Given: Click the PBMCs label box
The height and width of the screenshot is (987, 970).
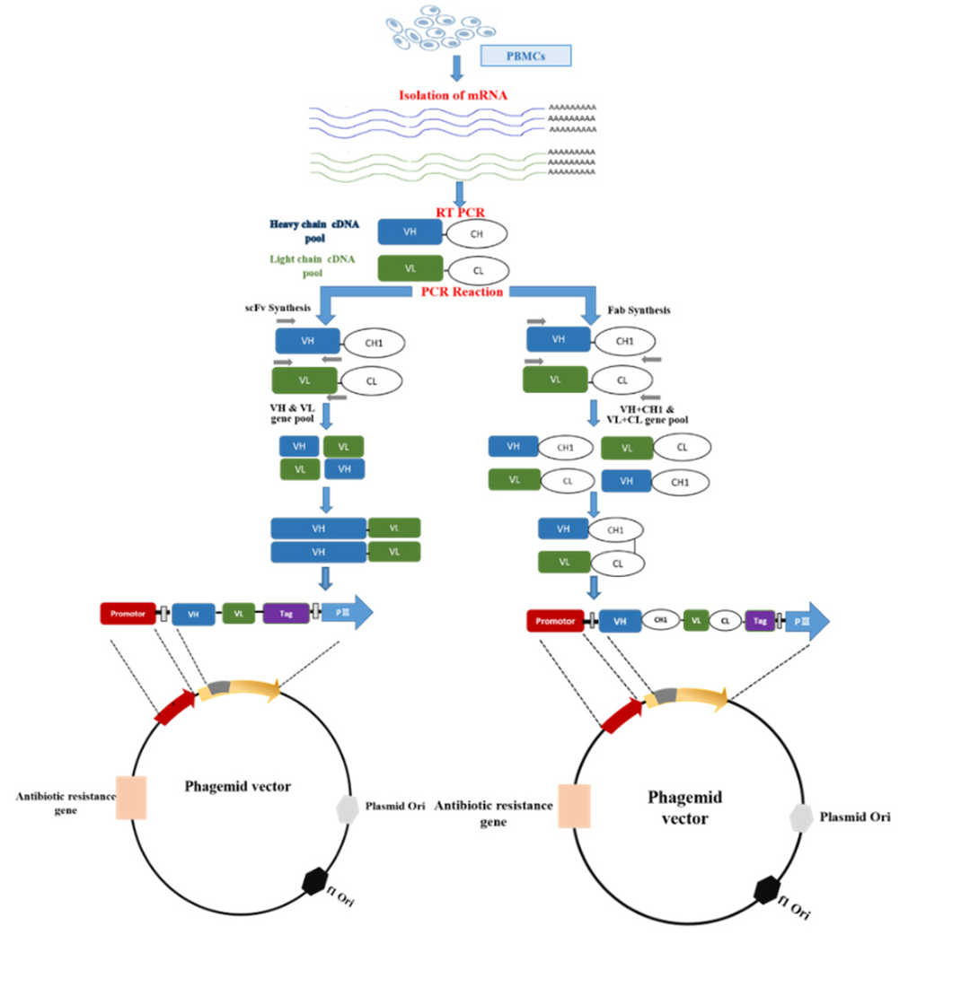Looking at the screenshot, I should (525, 56).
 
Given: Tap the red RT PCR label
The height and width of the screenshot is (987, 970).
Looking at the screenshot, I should (460, 213).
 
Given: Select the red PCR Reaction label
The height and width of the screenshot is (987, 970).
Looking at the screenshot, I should (463, 292).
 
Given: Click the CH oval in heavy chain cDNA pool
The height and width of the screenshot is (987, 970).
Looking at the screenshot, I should (476, 234).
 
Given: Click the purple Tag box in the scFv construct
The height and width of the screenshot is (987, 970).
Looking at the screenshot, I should (287, 614).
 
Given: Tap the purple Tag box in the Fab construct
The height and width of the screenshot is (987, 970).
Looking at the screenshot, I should (760, 620).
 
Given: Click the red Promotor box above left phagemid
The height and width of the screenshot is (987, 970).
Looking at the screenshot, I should (128, 613).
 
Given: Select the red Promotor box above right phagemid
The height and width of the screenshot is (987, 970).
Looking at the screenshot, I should (554, 620).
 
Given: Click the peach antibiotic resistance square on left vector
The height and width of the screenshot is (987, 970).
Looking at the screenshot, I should (130, 798).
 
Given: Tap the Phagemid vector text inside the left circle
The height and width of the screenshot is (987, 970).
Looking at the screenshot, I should (237, 786).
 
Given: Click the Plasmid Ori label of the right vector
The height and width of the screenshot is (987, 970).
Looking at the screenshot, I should (855, 817).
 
